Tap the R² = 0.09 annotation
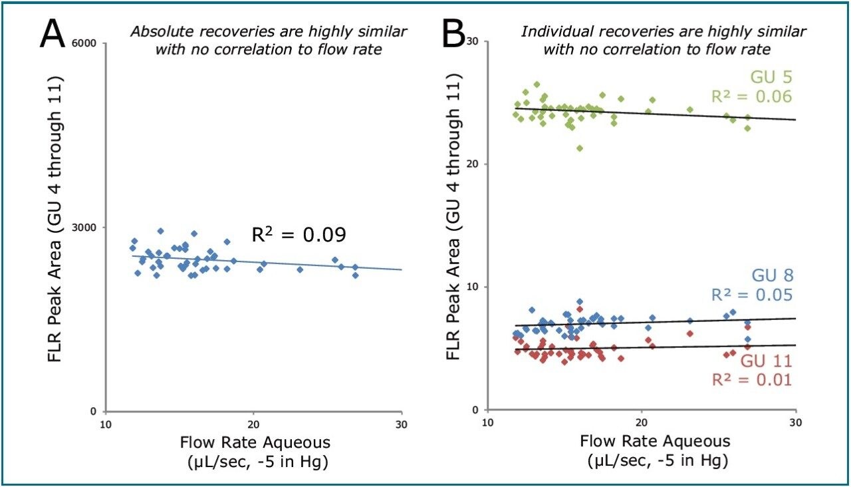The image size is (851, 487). click(299, 235)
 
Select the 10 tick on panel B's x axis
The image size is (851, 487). click(487, 424)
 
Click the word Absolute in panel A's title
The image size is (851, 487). click(155, 33)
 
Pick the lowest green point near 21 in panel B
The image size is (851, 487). click(580, 148)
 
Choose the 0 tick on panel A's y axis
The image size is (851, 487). click(93, 411)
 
